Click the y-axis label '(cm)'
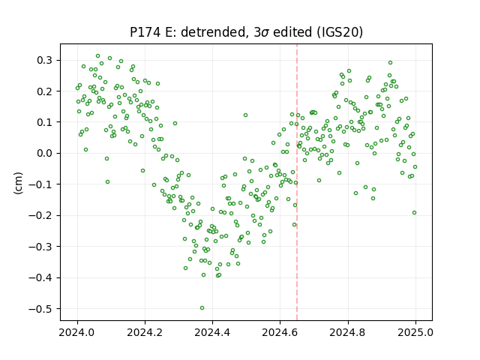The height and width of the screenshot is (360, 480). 18,183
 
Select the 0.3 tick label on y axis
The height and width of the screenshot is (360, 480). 44,60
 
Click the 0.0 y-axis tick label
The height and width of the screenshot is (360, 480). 44,153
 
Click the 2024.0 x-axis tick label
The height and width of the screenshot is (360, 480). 77,332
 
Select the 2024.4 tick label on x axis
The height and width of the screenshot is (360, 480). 212,332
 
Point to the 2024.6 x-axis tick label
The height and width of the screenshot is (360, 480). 280,332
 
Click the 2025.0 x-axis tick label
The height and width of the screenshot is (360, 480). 415,332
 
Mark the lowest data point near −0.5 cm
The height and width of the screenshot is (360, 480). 202,308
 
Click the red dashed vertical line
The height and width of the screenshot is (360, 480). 297,182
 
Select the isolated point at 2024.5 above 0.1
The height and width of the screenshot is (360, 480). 245,115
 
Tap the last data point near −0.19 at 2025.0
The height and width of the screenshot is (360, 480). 414,213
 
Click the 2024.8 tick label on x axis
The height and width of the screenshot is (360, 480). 348,332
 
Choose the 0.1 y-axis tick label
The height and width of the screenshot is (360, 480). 44,122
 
